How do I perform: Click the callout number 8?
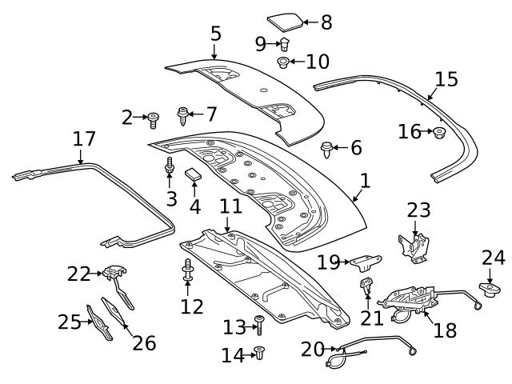pos(326,22)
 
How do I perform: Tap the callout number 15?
pos(446,78)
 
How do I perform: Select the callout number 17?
pos(84,139)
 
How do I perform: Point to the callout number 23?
pos(419,210)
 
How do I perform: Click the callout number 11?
pos(230,206)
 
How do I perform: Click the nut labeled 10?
pos(284,62)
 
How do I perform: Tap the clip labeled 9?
pos(284,43)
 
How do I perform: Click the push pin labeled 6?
pos(326,147)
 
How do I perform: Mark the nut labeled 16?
pos(438,132)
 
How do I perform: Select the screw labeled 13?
pos(258,324)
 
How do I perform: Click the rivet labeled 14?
pos(258,352)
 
